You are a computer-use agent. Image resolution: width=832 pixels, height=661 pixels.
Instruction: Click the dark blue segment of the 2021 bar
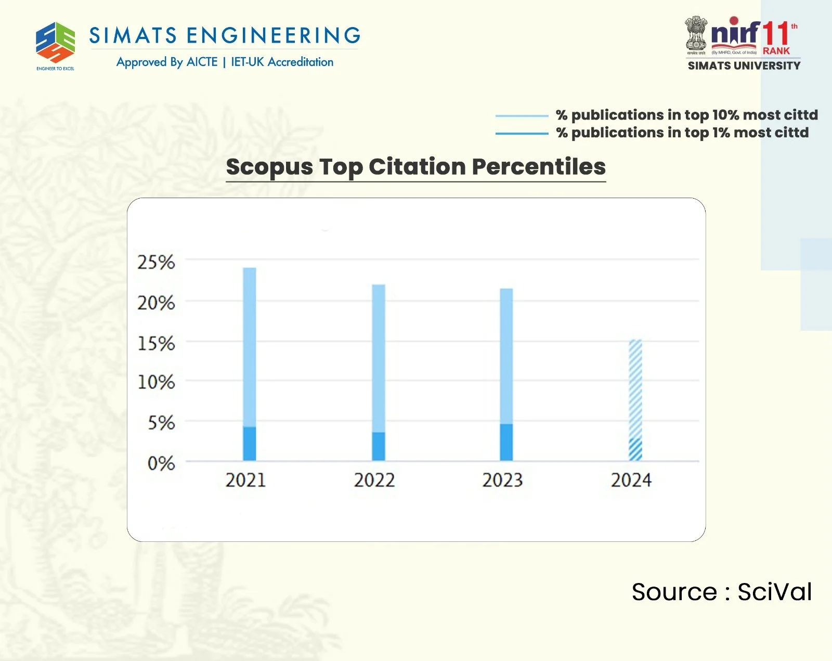250,444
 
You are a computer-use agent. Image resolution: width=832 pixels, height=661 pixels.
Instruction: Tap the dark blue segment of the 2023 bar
506,442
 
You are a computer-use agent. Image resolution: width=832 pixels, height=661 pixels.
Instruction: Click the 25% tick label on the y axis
156,262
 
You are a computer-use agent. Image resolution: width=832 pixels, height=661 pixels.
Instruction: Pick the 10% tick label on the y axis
156,382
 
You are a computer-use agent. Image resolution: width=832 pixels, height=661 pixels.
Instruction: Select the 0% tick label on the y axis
161,463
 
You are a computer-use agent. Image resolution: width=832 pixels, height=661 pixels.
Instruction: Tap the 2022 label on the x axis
374,480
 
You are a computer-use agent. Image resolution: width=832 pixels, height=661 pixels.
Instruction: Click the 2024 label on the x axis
631,480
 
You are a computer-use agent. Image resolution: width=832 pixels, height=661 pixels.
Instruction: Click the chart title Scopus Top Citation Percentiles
415,167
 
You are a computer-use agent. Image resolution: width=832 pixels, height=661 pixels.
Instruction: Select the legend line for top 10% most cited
522,115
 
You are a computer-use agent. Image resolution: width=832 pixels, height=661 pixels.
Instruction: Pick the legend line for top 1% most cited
522,134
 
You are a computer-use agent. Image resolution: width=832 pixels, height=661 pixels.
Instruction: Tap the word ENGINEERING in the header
274,35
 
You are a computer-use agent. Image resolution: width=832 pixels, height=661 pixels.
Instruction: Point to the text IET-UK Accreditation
282,62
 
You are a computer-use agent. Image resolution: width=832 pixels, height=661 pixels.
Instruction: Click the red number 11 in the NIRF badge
776,33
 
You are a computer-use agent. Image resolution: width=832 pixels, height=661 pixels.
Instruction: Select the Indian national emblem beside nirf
696,33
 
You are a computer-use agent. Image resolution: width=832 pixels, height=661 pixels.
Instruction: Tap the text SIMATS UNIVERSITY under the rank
744,66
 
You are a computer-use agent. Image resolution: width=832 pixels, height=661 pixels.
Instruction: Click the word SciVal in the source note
774,592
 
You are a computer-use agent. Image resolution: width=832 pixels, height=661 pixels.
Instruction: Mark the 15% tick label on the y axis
156,344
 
